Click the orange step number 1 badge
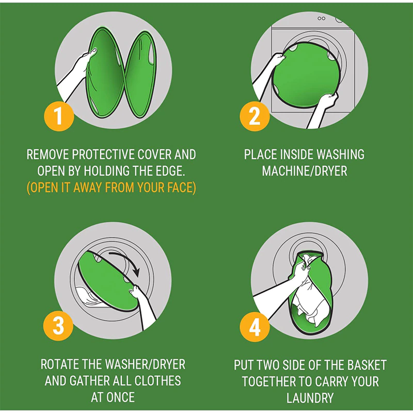pos(59,116)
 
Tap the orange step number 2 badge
pos(255,116)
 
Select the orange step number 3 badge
pos(58,326)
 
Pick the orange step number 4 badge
pos(255,327)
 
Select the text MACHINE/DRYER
pos(305,171)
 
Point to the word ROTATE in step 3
pos(60,364)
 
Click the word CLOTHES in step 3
pos(157,381)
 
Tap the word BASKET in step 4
pos(367,365)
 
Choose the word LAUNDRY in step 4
pos(310,398)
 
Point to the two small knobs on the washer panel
pos(321,19)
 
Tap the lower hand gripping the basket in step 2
pos(328,101)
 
